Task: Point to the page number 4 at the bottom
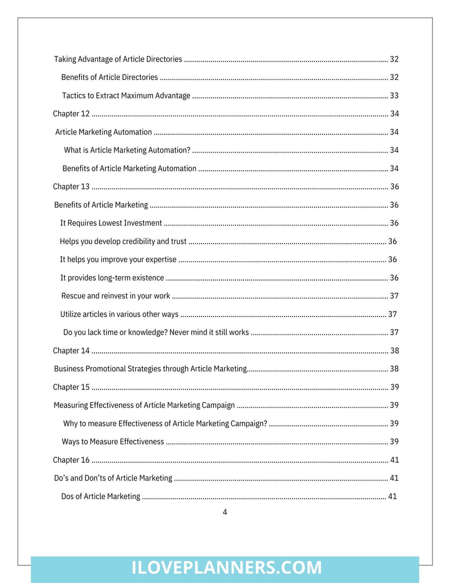[x=225, y=512]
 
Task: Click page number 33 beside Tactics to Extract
[x=394, y=96]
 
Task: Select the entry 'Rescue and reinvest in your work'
[x=115, y=296]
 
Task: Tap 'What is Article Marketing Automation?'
[x=127, y=150]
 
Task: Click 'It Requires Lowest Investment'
[x=111, y=223]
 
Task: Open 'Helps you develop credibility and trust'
[x=123, y=241]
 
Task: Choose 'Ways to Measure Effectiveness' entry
[x=113, y=442]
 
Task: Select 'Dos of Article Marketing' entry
[x=101, y=496]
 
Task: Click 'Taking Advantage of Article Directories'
[x=118, y=59]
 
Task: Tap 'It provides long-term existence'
[x=112, y=278]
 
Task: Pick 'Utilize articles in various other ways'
[x=119, y=314]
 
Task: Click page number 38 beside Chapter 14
[x=394, y=351]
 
